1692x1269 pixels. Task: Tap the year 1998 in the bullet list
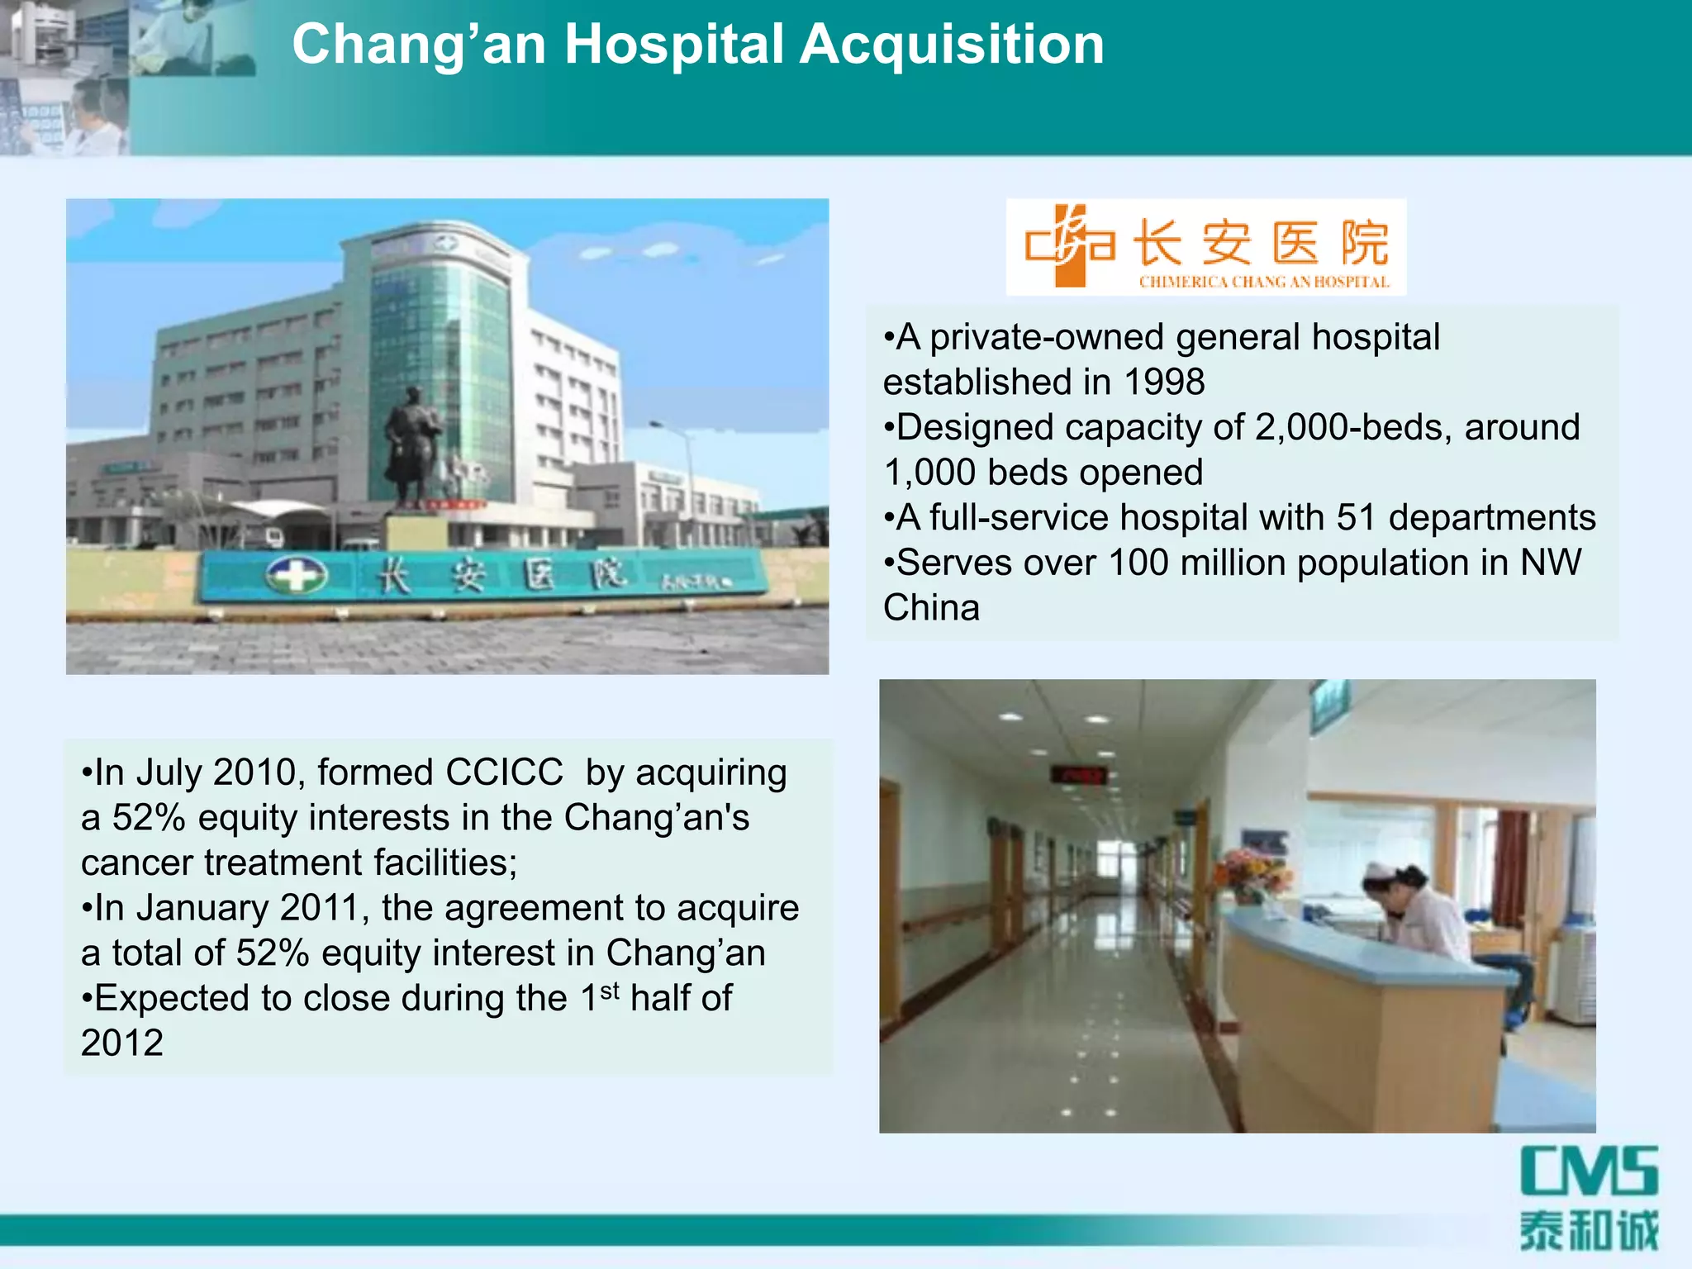[x=1164, y=383]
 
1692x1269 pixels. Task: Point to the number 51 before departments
[x=1357, y=518]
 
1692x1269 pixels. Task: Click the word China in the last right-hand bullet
[x=931, y=608]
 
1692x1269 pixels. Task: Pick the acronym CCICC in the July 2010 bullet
[x=504, y=773]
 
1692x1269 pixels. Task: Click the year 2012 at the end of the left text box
[x=122, y=1043]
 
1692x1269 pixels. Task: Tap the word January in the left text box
[x=202, y=908]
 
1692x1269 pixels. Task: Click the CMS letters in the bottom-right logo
[x=1589, y=1171]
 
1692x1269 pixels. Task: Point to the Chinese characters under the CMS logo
[x=1589, y=1231]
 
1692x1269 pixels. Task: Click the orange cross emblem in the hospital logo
[x=1070, y=245]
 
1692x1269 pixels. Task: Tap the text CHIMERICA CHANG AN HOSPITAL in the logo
[x=1263, y=283]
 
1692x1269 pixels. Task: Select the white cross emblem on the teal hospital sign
[x=296, y=574]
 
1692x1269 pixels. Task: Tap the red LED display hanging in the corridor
[x=1077, y=775]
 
